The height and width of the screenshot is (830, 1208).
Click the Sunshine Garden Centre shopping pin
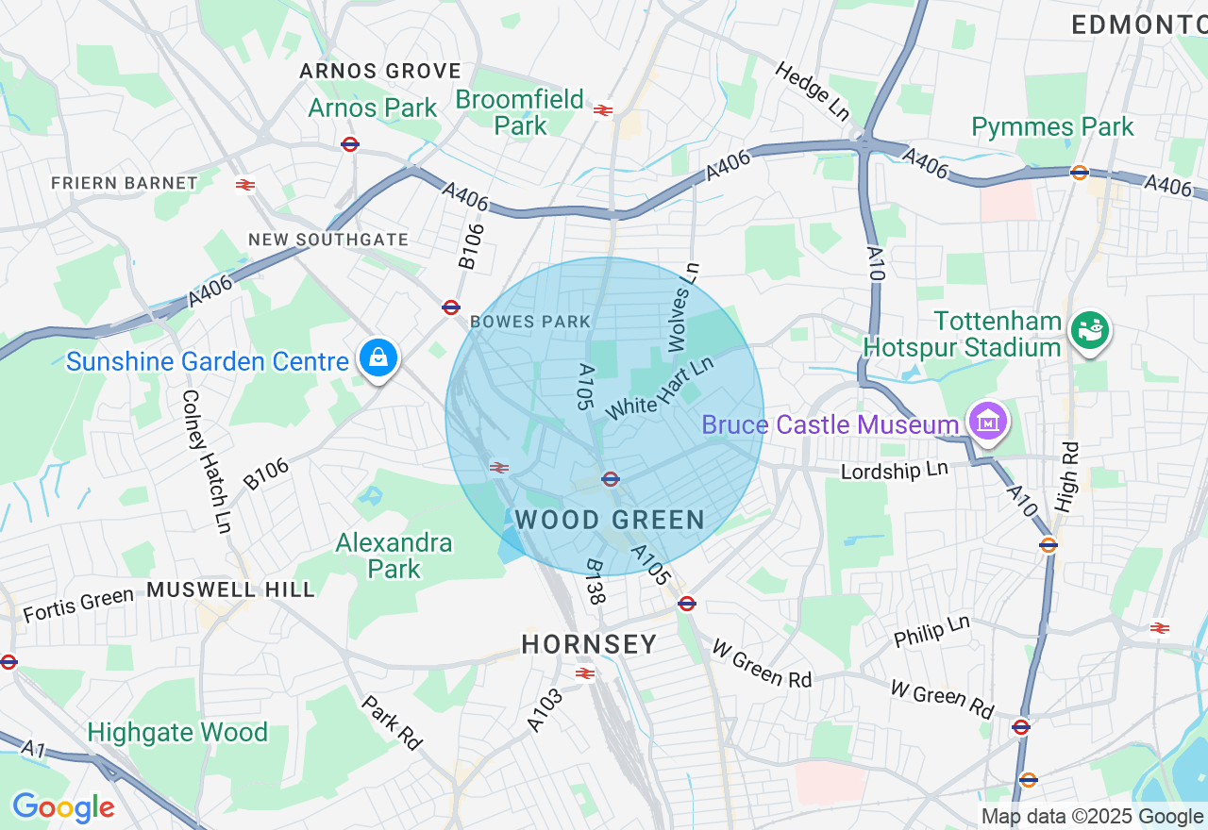pos(377,357)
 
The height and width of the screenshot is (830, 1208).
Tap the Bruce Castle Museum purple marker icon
pos(987,422)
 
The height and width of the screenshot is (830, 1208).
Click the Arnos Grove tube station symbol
pos(350,144)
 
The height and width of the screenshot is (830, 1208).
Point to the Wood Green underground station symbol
pos(611,479)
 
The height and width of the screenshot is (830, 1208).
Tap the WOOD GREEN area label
pos(610,520)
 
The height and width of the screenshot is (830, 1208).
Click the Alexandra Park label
pos(394,556)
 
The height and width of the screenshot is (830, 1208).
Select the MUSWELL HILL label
pos(230,590)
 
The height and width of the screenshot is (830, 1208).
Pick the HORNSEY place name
pos(590,645)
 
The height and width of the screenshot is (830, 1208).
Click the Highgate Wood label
pos(177,733)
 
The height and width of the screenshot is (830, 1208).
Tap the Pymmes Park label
pos(1052,126)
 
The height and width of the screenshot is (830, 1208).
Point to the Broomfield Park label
pos(519,111)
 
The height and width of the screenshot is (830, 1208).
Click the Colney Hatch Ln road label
pos(206,461)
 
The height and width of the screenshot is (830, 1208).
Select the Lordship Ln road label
pos(894,470)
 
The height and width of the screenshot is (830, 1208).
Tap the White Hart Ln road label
pos(659,389)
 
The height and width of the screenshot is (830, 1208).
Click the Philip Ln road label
pos(931,631)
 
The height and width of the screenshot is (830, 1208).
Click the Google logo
pos(63,807)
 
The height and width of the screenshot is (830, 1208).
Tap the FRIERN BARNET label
pos(125,183)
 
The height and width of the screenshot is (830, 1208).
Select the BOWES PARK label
pos(530,322)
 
